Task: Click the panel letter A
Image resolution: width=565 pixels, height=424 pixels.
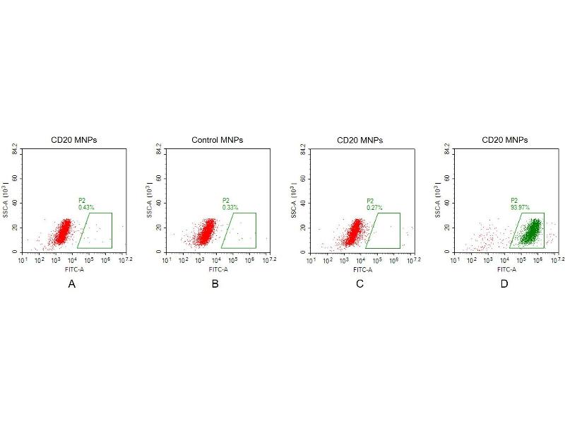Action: [x=71, y=284]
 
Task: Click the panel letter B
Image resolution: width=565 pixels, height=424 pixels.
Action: [x=215, y=284]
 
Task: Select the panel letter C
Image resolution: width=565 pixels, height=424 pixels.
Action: [x=359, y=284]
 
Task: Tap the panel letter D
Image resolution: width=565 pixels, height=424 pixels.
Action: [x=504, y=284]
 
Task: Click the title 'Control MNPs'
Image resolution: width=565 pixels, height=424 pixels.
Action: [x=217, y=140]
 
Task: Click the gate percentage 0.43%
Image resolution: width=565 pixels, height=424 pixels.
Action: [x=85, y=207]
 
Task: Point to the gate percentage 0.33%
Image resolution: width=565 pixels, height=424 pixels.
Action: [x=230, y=207]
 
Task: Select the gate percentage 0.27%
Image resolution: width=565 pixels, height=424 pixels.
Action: [x=374, y=207]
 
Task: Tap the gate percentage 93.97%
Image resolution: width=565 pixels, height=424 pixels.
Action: [x=520, y=207]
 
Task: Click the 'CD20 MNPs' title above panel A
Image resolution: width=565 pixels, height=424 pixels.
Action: [x=73, y=140]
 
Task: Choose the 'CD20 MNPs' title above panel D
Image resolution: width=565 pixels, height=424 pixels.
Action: [x=505, y=140]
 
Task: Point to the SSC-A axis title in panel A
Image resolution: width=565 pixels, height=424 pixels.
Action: [x=6, y=202]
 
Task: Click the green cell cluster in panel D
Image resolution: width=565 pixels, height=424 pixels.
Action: [x=531, y=230]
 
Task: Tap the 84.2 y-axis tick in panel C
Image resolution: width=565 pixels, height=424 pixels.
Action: [x=304, y=149]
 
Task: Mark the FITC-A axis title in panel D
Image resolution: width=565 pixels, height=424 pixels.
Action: [x=506, y=269]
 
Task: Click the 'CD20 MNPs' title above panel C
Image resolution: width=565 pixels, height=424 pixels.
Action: [x=360, y=140]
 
